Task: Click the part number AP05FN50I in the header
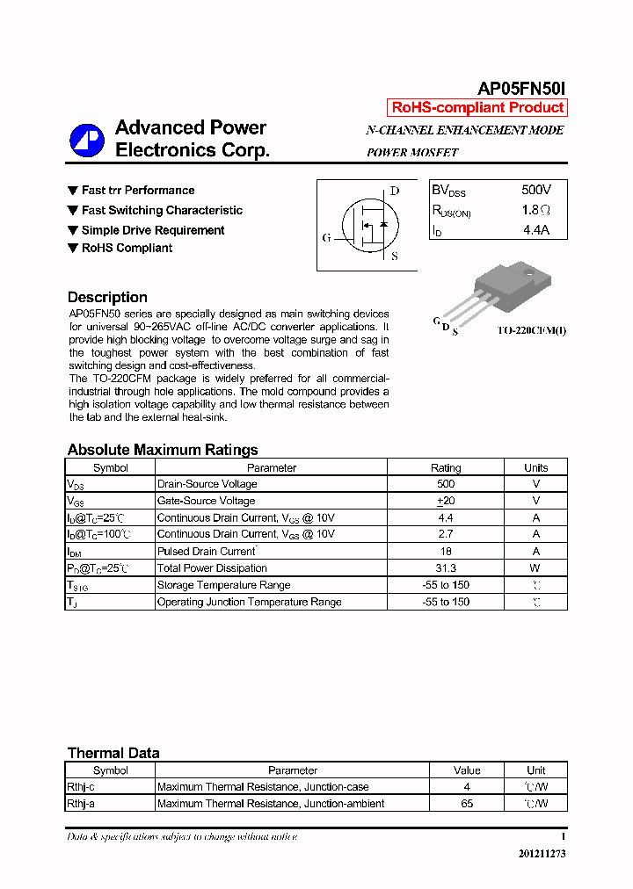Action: (521, 89)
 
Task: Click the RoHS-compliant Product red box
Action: (477, 108)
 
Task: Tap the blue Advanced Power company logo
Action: (87, 140)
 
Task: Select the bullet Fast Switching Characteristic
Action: (162, 211)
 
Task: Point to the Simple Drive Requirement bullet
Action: (153, 230)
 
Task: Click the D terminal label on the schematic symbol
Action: (395, 192)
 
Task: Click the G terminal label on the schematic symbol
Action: (326, 238)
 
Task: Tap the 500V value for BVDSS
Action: (535, 190)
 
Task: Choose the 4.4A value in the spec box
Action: (535, 230)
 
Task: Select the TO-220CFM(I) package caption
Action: (531, 330)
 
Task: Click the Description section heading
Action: (107, 297)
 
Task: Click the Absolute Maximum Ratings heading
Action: (163, 450)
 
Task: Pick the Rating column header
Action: (446, 468)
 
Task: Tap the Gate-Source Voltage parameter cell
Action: (206, 501)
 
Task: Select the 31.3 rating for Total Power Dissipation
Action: (446, 568)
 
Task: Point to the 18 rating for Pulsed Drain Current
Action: (446, 552)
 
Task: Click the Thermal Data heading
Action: (113, 753)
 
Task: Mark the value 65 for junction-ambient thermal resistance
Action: (467, 804)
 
